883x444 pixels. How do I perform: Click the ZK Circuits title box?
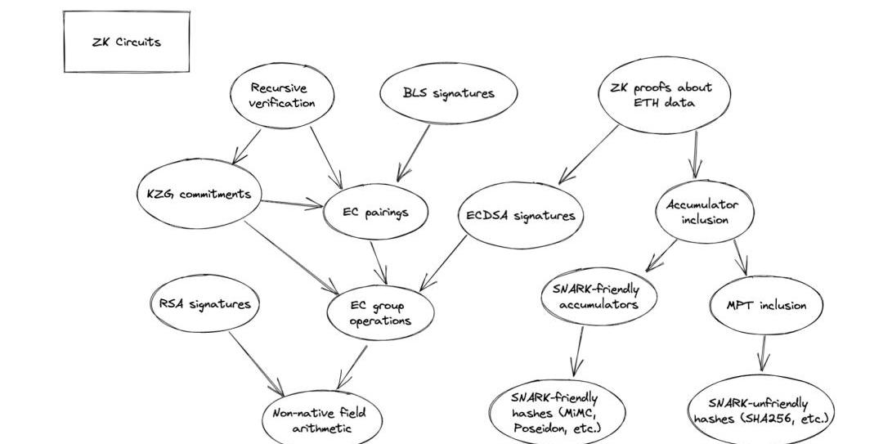127,42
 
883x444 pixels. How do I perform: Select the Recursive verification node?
283,96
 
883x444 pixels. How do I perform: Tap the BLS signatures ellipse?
448,93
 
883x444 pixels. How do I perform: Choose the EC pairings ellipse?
375,212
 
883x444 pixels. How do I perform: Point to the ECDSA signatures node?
520,216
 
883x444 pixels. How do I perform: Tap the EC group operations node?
380,313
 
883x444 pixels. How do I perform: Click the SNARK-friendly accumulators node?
600,297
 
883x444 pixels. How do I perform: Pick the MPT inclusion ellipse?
766,305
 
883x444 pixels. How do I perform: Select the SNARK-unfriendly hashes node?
760,410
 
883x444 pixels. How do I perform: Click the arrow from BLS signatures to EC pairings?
414,152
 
